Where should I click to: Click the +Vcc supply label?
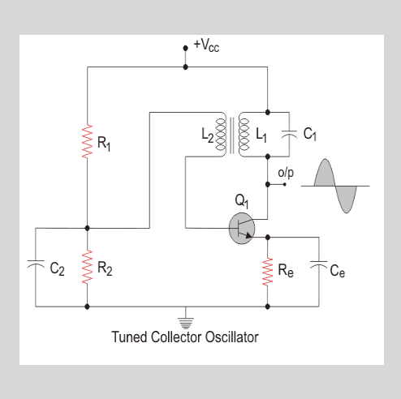point(206,45)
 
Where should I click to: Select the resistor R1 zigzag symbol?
point(88,142)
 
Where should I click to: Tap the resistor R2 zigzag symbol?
point(88,268)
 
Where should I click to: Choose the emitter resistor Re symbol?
point(268,271)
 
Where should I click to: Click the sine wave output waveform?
point(334,187)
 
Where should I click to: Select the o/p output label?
point(286,173)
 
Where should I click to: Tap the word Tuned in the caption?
point(128,335)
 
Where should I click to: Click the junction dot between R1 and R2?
point(88,228)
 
